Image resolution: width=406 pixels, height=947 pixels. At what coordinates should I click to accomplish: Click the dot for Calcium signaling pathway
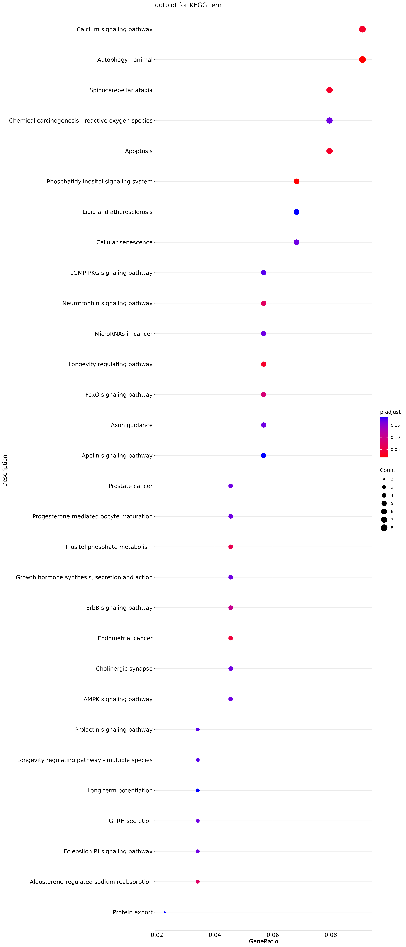pos(362,29)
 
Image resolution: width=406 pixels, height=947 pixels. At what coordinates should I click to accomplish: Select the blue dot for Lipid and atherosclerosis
pos(296,212)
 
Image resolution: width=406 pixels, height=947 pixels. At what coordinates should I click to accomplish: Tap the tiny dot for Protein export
pos(165,912)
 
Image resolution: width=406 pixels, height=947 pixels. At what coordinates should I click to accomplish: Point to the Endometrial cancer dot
pos(231,638)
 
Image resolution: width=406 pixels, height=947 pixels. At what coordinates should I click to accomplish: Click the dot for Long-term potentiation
pos(198,790)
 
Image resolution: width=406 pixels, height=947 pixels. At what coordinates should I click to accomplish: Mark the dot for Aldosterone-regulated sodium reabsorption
pos(198,882)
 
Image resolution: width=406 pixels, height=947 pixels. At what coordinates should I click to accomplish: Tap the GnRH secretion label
pos(131,821)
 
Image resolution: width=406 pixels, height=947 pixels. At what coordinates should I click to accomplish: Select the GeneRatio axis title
pos(263,941)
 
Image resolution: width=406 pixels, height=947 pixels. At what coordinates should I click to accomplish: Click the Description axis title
pos(5,471)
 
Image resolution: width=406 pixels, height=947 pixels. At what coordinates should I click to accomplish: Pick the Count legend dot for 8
pos(384,528)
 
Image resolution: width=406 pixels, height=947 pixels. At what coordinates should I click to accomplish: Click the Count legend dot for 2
pos(384,479)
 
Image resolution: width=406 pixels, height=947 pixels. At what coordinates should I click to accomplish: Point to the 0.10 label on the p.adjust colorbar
pos(395,437)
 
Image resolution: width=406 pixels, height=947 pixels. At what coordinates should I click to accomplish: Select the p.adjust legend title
pos(390,412)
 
